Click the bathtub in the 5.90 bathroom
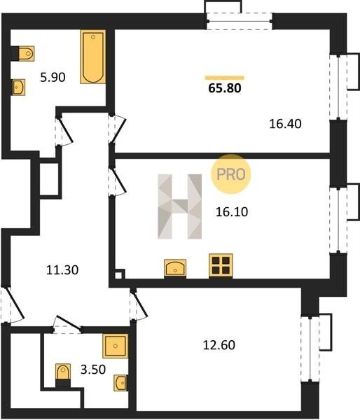point(92,57)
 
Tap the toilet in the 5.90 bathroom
point(27,53)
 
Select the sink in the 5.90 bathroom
point(19,87)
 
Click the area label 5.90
point(53,78)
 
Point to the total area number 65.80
point(225,88)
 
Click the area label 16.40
point(285,124)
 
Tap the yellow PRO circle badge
point(231,174)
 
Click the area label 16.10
point(232,212)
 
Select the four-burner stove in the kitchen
point(221,265)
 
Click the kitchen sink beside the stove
point(175,268)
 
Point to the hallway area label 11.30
point(62,269)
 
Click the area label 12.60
point(219,345)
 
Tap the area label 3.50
point(93,370)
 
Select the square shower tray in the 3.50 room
point(116,346)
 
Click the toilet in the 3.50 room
point(63,373)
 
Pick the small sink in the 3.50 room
point(120,382)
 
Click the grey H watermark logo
point(179,206)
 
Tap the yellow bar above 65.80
point(225,78)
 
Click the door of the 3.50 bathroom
point(67,323)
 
